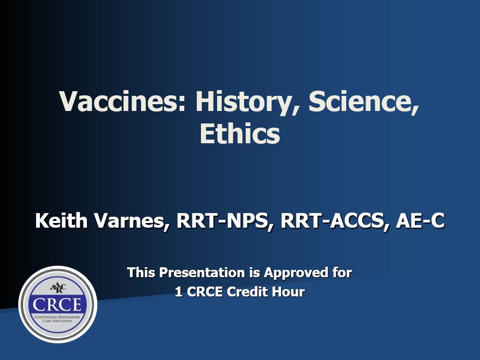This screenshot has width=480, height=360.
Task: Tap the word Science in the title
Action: coord(364,102)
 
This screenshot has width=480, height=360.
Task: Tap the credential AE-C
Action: coord(420,221)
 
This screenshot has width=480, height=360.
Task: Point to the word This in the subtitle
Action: coord(141,272)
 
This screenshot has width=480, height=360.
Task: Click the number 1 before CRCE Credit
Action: coord(179,292)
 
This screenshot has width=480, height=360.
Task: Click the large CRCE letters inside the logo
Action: coord(58,304)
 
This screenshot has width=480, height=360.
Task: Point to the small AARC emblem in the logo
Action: coord(57,288)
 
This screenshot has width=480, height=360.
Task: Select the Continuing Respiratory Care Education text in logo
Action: coord(57,319)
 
